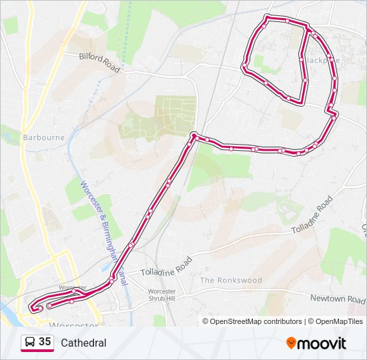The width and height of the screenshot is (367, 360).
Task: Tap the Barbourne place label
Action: click(x=43, y=138)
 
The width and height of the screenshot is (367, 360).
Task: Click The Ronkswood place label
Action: click(x=231, y=280)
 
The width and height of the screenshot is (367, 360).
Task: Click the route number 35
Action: click(x=45, y=342)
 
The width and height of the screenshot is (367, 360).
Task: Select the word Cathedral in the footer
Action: click(x=83, y=343)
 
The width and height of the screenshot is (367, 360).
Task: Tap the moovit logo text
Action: click(x=322, y=343)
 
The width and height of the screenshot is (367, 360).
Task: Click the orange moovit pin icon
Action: click(x=291, y=343)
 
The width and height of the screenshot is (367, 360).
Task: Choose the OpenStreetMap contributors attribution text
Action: click(x=256, y=321)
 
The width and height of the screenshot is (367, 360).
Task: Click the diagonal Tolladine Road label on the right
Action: click(x=312, y=215)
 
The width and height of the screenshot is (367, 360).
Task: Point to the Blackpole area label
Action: click(x=323, y=59)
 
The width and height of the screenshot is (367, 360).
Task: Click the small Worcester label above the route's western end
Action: click(x=73, y=287)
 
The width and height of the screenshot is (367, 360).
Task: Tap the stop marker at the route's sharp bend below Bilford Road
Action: click(x=194, y=136)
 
